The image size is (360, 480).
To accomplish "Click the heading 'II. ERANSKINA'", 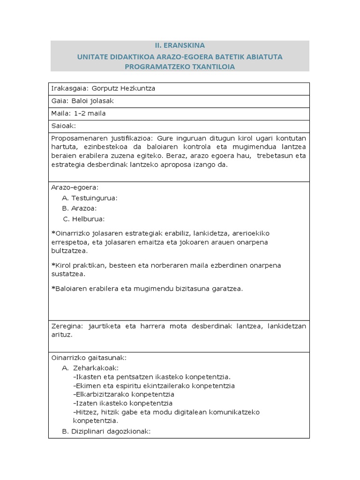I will (180, 45).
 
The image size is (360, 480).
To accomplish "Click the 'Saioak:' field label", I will (63, 126).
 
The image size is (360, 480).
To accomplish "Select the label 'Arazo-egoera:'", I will (71, 187).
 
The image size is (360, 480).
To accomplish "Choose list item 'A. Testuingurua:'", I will (90, 198).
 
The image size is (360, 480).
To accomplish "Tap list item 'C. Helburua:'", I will (84, 219).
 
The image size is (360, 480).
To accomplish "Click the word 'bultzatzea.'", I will (69, 251).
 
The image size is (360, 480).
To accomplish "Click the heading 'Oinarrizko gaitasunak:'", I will (88, 358).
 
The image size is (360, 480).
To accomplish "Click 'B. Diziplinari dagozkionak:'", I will (106, 431).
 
